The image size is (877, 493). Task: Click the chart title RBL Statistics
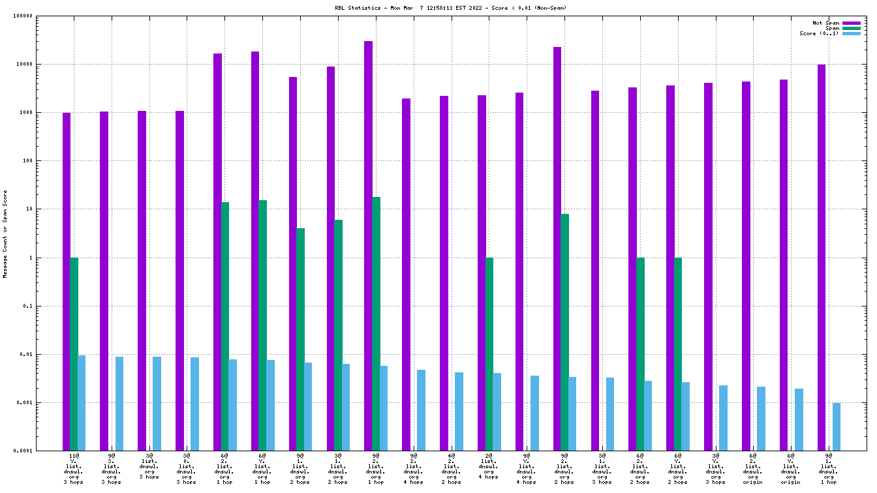(450, 8)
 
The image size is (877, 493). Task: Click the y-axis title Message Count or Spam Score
(5, 234)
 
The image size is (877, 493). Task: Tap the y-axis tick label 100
(26, 161)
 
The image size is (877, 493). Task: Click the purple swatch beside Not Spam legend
(852, 23)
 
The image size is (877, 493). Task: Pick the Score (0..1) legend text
(819, 33)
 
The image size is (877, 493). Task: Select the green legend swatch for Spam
(852, 28)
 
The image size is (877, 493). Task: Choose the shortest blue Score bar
(837, 426)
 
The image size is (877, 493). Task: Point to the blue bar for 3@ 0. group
(195, 404)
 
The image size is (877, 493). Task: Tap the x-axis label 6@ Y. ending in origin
(791, 469)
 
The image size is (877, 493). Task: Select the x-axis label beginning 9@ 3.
(112, 469)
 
